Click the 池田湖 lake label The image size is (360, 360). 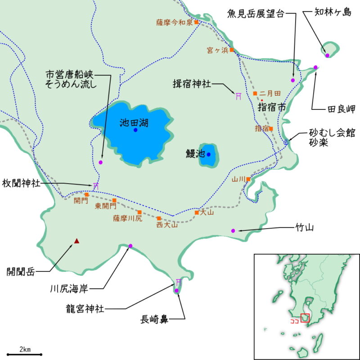click(x=134, y=122)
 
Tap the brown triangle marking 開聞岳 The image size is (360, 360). click(x=77, y=241)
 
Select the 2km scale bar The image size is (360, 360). click(x=25, y=354)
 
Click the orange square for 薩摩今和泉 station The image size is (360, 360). click(x=196, y=22)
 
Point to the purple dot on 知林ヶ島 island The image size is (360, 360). click(x=327, y=55)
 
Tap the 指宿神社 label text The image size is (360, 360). click(x=192, y=84)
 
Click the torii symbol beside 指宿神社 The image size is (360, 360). click(x=238, y=95)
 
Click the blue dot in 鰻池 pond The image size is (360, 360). click(x=208, y=154)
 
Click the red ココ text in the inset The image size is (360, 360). click(x=295, y=322)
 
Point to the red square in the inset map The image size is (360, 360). click(x=306, y=318)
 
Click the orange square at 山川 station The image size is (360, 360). click(x=248, y=179)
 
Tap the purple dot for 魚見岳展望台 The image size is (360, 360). click(x=292, y=80)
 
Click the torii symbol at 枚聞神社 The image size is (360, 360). click(x=95, y=185)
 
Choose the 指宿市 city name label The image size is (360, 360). click(x=272, y=107)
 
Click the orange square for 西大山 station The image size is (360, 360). click(x=159, y=218)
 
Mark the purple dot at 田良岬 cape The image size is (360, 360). click(x=315, y=67)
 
